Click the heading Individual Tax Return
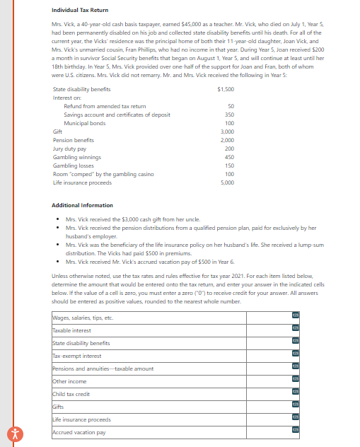click(81, 11)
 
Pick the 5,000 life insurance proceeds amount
click(226, 182)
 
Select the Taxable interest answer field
click(170, 330)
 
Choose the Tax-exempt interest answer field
click(170, 356)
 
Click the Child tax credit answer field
click(170, 394)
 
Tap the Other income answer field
click(170, 381)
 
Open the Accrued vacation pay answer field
click(170, 432)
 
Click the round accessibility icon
click(11, 434)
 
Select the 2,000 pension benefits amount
click(226, 140)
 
